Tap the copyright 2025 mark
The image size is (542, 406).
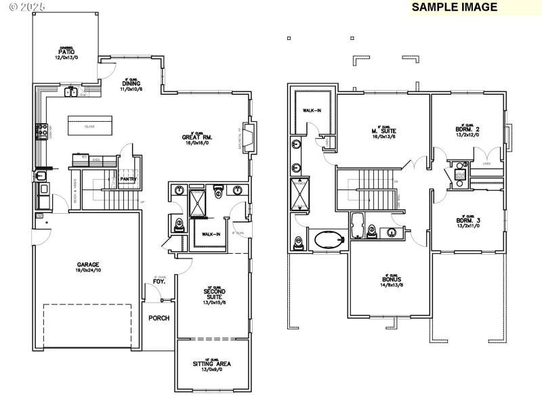point(24,6)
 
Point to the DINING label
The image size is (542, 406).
point(131,85)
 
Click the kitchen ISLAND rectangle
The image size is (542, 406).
point(89,126)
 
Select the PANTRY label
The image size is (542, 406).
point(128,179)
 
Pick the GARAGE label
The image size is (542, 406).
point(88,265)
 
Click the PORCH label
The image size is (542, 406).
point(159,318)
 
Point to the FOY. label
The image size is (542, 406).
point(160,281)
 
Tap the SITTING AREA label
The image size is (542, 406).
point(212,363)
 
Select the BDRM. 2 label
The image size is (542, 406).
point(467,129)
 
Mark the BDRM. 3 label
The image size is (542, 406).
point(467,221)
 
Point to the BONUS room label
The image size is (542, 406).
point(392,279)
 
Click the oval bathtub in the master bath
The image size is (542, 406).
point(329,240)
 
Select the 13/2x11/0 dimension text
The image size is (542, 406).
point(467,226)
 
